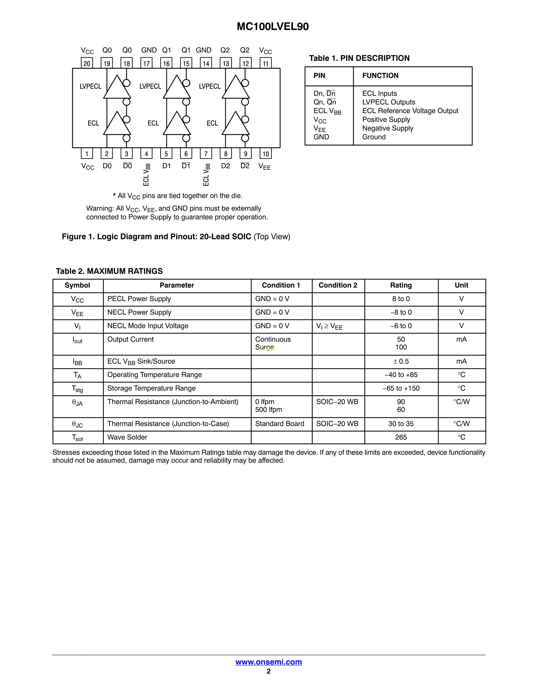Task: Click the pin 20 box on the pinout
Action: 87,63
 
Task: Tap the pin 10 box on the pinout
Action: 265,154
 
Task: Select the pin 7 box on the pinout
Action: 206,154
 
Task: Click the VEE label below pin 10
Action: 265,167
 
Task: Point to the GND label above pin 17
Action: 149,50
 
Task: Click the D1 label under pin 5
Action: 166,166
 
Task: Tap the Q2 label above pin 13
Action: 225,50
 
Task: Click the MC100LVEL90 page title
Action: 273,26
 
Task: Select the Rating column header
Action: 401,285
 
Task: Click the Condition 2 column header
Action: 338,285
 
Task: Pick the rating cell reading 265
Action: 401,437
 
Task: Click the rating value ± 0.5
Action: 401,361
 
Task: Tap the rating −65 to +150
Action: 401,388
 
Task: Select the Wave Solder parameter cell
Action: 127,437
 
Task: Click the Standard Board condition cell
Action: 280,424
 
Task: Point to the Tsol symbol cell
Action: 77,438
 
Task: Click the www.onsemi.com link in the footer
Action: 269,662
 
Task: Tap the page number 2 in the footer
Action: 269,671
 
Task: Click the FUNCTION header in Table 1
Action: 380,76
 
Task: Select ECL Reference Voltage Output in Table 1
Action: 410,111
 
